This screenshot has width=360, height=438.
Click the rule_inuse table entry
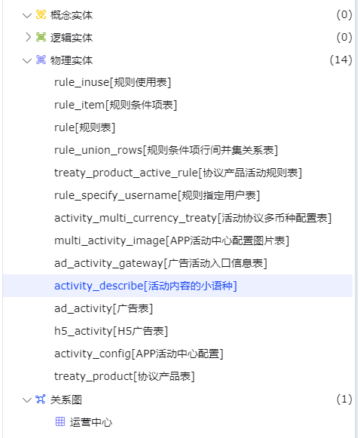(x=112, y=82)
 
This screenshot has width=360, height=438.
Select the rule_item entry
(x=115, y=105)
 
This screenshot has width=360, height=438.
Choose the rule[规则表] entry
(x=84, y=127)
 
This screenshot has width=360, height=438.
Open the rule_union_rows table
(x=166, y=150)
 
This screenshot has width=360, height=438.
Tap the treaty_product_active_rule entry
(x=178, y=173)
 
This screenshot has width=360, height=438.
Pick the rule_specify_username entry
(x=157, y=195)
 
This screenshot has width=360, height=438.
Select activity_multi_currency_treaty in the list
(x=193, y=218)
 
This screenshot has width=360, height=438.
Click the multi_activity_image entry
(x=172, y=240)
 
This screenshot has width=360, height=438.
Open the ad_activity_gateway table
(x=160, y=263)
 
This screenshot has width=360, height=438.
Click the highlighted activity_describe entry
(x=145, y=286)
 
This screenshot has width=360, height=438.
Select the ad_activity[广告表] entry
(x=103, y=308)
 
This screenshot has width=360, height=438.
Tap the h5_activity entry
(x=111, y=331)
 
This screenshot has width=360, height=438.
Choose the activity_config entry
(x=139, y=354)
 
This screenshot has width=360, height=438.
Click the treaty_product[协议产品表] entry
(x=124, y=376)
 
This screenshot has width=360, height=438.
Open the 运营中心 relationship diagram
(x=91, y=422)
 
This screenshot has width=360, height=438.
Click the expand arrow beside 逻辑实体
(x=28, y=37)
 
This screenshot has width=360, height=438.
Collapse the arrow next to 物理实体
(x=27, y=60)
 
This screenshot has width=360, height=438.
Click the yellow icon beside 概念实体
(x=41, y=14)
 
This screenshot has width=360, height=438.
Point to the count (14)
(x=340, y=60)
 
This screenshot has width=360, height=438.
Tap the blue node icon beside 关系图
(x=41, y=399)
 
